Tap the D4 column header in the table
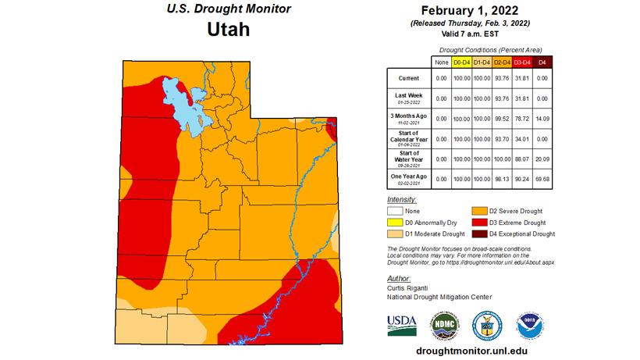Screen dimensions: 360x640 pos(543,62)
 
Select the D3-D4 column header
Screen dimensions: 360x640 pos(521,62)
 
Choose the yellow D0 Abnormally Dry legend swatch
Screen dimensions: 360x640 pos(397,223)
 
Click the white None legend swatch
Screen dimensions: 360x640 pos(397,211)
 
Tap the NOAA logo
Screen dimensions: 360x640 pos(531,323)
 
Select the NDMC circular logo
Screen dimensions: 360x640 pos(444,323)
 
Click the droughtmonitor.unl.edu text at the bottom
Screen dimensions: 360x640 pos(471,351)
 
